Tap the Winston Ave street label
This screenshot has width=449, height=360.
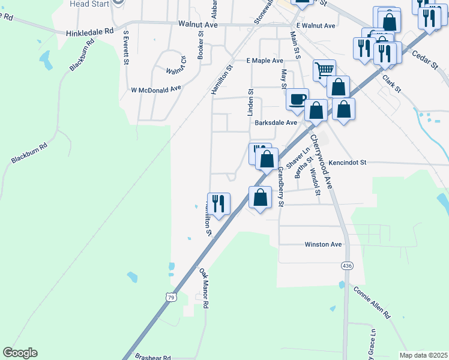tap(323, 244)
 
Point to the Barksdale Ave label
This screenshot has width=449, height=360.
tap(276, 122)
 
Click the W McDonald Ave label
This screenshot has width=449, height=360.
tap(156, 89)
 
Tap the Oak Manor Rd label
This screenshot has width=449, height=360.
tap(204, 289)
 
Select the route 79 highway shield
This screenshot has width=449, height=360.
tap(171, 297)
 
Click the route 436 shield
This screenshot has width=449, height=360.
tap(346, 265)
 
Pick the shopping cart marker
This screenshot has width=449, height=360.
tap(324, 70)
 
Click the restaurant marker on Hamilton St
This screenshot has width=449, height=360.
tap(218, 204)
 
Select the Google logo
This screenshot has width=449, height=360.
tap(20, 353)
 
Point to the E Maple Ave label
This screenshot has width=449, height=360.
tap(265, 61)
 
